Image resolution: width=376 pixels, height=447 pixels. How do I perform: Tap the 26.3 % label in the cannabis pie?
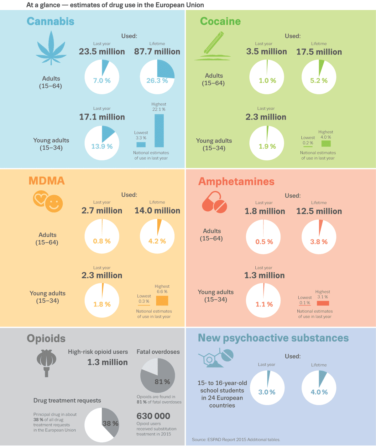[157, 81]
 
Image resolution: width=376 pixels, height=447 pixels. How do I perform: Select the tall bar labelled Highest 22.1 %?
[159, 130]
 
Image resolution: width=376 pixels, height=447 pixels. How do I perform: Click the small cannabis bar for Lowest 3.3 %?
[141, 144]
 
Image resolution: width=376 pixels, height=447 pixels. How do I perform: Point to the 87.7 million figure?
[157, 52]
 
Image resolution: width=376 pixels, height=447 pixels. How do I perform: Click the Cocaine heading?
[220, 21]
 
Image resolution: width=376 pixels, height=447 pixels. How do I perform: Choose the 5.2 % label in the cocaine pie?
[319, 81]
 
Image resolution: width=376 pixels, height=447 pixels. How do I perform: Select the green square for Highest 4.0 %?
[326, 143]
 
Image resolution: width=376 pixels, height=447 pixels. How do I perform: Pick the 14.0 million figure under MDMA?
[157, 211]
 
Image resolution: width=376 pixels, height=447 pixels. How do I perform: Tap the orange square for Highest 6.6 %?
[162, 301]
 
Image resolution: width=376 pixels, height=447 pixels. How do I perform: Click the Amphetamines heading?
[236, 182]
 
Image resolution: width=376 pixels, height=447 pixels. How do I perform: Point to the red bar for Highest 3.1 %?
[323, 303]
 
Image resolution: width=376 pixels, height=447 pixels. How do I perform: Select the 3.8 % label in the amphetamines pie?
[319, 242]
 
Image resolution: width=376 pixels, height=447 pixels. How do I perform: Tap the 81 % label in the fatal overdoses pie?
[162, 382]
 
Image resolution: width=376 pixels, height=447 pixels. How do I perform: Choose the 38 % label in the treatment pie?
[110, 424]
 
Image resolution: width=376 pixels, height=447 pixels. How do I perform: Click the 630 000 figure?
[153, 416]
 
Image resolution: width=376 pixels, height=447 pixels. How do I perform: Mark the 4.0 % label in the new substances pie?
[319, 392]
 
